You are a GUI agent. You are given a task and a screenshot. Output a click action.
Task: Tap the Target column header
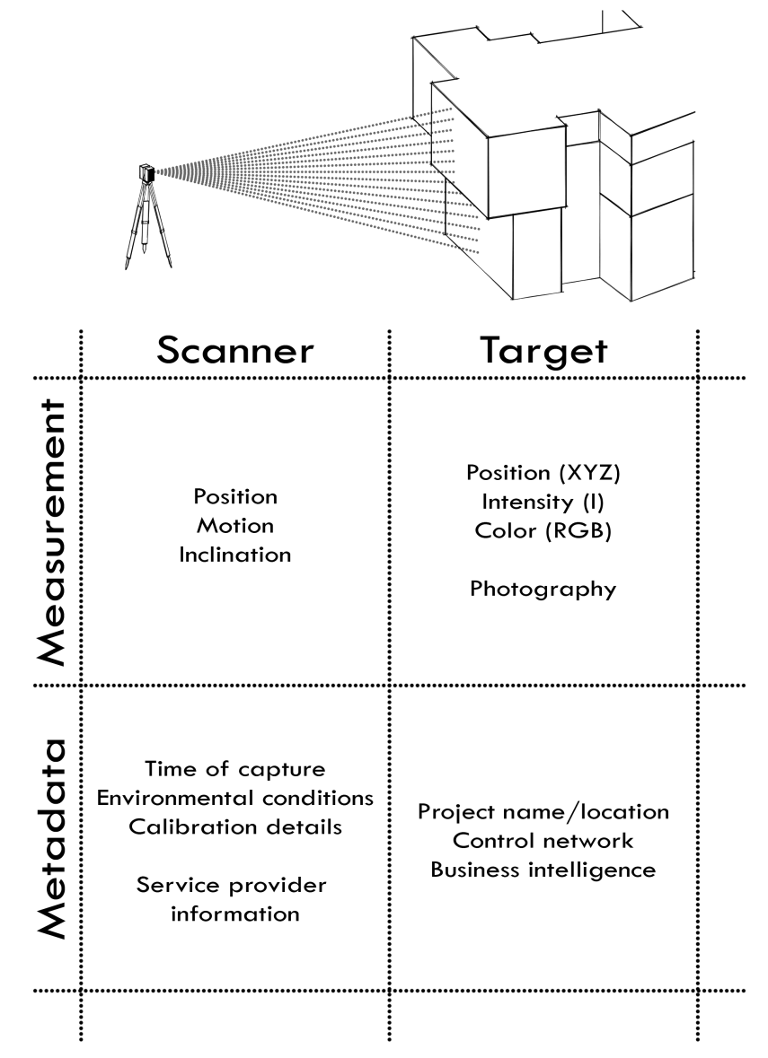(542, 352)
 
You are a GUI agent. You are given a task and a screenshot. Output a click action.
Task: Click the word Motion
(235, 525)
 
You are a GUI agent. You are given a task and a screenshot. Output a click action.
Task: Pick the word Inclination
(235, 554)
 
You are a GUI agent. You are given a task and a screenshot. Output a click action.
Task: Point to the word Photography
(543, 589)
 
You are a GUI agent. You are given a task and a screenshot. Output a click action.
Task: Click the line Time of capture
(235, 769)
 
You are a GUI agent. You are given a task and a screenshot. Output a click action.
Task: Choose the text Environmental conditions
(235, 798)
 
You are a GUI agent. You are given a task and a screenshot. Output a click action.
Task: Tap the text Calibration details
(235, 826)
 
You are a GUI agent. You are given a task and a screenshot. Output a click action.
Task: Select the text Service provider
(232, 885)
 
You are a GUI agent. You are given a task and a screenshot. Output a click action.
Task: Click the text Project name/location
(544, 812)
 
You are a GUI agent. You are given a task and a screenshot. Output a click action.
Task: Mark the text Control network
(544, 841)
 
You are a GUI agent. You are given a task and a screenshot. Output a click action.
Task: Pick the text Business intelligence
(544, 870)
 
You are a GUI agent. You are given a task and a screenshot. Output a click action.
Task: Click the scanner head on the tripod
(147, 173)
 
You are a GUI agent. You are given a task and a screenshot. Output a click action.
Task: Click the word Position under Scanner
(235, 496)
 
